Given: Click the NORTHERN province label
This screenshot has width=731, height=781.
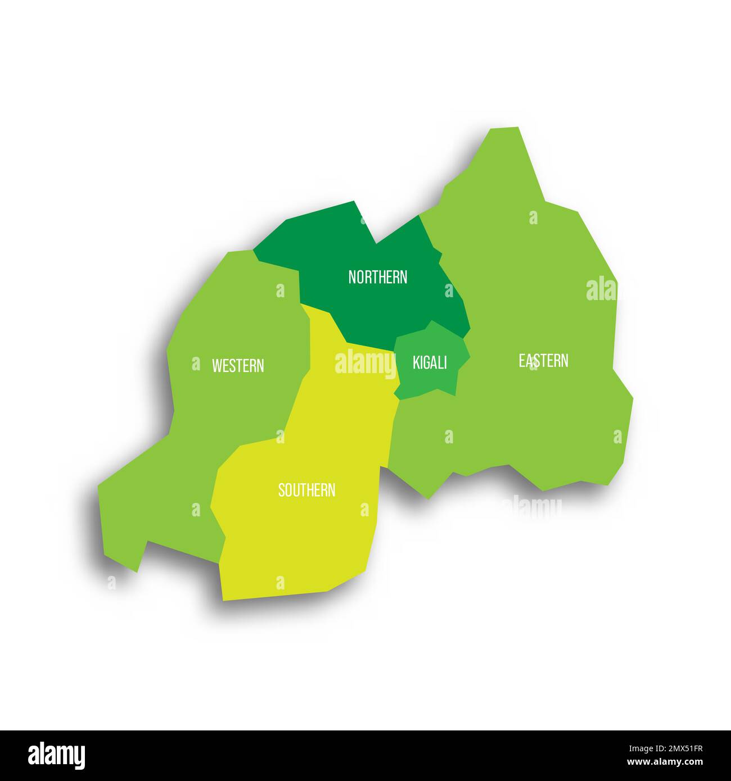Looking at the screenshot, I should pyautogui.click(x=377, y=277).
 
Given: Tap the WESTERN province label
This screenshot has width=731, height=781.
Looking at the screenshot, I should pyautogui.click(x=237, y=366).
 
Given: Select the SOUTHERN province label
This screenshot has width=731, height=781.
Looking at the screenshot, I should pyautogui.click(x=306, y=490).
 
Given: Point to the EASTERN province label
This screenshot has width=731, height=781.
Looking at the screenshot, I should pyautogui.click(x=543, y=360).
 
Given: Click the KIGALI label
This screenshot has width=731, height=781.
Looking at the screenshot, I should pyautogui.click(x=430, y=362).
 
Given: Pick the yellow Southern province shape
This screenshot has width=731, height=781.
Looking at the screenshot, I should pyautogui.click(x=304, y=534).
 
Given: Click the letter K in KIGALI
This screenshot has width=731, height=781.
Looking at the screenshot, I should pyautogui.click(x=416, y=363).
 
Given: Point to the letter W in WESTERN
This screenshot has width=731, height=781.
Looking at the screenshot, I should pyautogui.click(x=216, y=366).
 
